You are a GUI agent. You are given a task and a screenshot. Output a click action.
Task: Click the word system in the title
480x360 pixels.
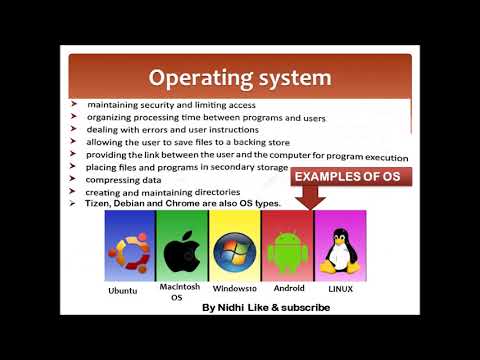[x=291, y=78]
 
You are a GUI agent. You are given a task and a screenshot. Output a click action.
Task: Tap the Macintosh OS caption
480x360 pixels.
[x=181, y=291]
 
